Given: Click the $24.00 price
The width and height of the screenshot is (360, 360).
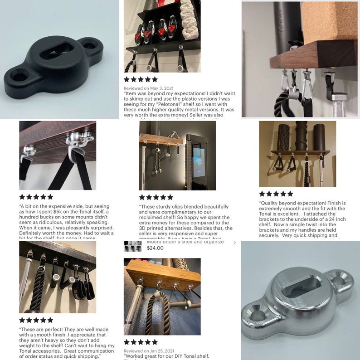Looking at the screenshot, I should [x=155, y=248].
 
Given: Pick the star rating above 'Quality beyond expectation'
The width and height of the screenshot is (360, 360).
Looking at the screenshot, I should [x=276, y=194].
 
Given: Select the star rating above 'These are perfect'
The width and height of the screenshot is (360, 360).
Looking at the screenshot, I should [x=36, y=320].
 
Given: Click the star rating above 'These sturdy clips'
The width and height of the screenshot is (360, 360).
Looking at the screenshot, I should [x=156, y=197].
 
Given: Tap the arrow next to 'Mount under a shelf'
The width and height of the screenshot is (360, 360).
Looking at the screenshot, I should [x=234, y=243].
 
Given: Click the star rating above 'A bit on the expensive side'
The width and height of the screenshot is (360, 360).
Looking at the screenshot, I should [x=36, y=197].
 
